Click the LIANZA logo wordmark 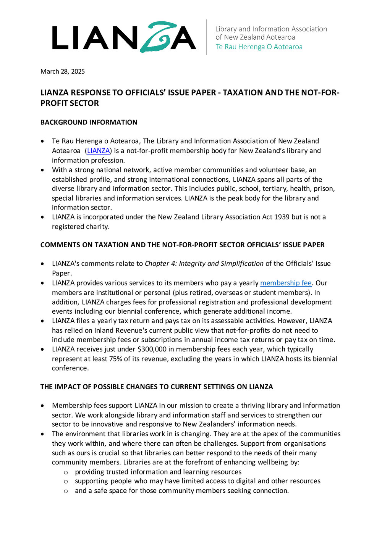124,37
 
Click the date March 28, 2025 63,71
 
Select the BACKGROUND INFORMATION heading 89,122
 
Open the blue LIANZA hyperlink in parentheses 99,151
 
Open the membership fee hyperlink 286,283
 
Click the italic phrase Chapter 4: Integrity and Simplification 204,264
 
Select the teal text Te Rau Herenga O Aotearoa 259,47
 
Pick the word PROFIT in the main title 53,103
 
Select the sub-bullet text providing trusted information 121,472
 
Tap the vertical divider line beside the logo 207,37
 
